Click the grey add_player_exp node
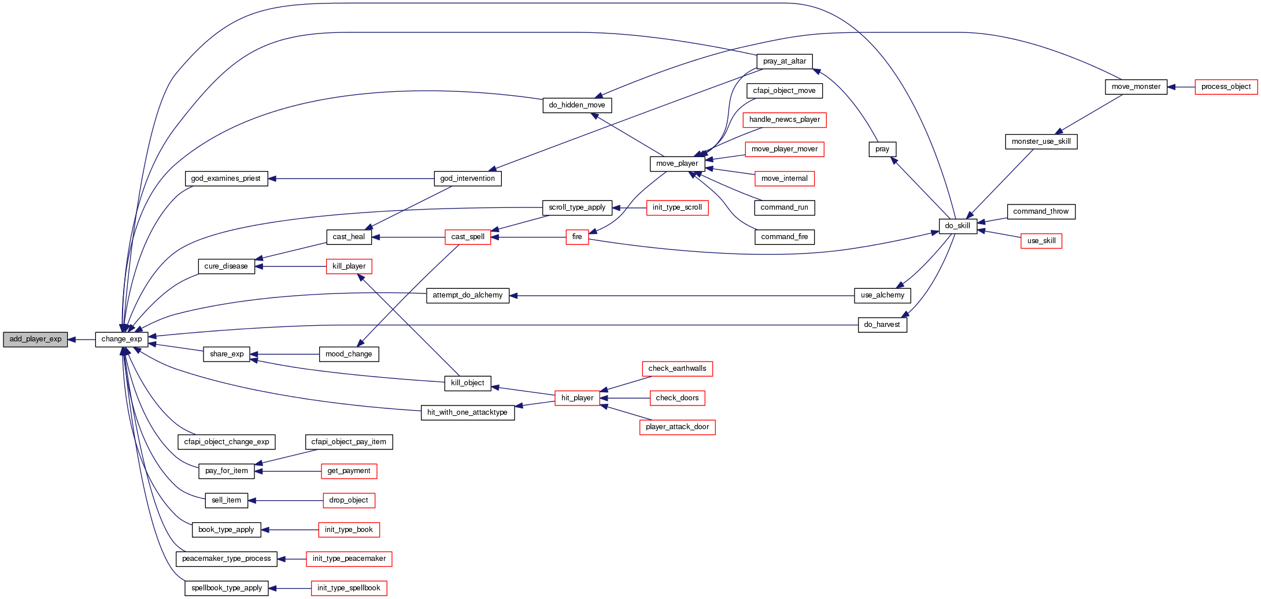[x=35, y=340]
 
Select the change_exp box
[x=121, y=340]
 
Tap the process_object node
[x=1226, y=87]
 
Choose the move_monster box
[x=1136, y=87]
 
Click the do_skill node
[x=957, y=226]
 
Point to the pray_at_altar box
[x=784, y=61]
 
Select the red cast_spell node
[x=468, y=237]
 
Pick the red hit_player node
[x=577, y=398]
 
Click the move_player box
[x=676, y=163]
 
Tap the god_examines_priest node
[x=226, y=178]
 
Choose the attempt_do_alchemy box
[x=467, y=295]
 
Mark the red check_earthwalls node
[x=677, y=369]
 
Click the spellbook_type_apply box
[x=227, y=588]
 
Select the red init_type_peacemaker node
[x=349, y=559]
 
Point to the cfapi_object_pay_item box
[x=349, y=442]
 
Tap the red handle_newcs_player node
[x=785, y=120]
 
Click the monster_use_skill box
[x=1041, y=142]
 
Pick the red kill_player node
[x=349, y=266]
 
